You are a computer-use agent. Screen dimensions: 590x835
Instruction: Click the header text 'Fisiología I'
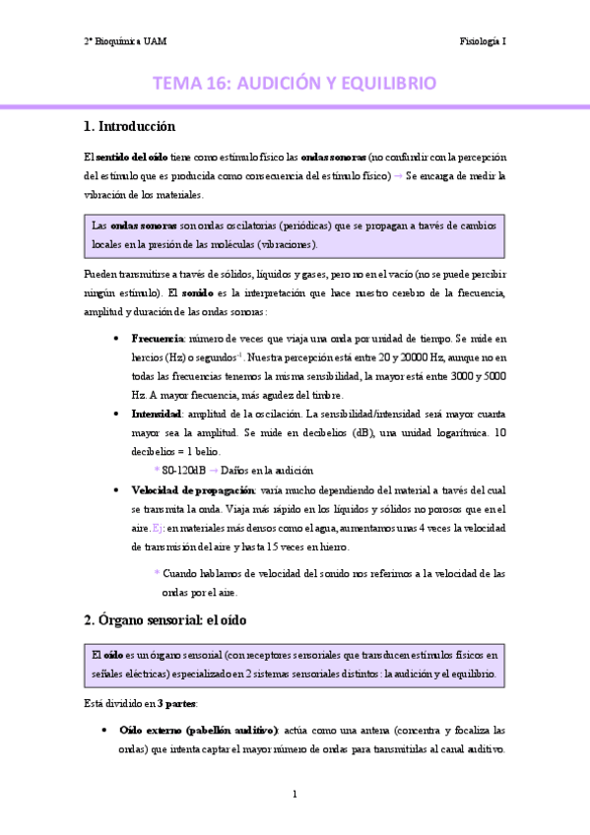(x=483, y=41)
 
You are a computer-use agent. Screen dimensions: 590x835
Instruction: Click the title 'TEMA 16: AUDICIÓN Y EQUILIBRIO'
(x=295, y=85)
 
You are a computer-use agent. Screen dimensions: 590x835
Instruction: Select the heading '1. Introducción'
(x=130, y=126)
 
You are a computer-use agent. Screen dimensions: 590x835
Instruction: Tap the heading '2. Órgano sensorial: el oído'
(x=164, y=620)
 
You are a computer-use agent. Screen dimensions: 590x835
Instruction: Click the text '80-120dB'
(x=181, y=471)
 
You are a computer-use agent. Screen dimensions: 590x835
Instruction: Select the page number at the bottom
(x=295, y=794)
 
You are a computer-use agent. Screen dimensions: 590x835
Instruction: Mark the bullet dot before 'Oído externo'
(x=104, y=731)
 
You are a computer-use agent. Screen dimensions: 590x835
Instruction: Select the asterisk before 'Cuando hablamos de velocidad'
(x=156, y=573)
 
